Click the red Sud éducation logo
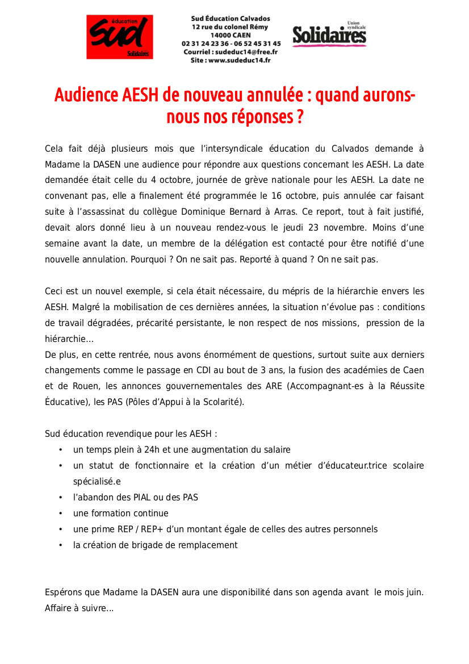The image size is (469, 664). point(119,37)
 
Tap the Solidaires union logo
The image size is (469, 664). point(329,35)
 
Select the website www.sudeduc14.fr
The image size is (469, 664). point(240,60)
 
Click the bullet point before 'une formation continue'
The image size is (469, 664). point(61,513)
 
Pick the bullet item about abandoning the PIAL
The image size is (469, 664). point(136,498)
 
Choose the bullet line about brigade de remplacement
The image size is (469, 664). point(156,545)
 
